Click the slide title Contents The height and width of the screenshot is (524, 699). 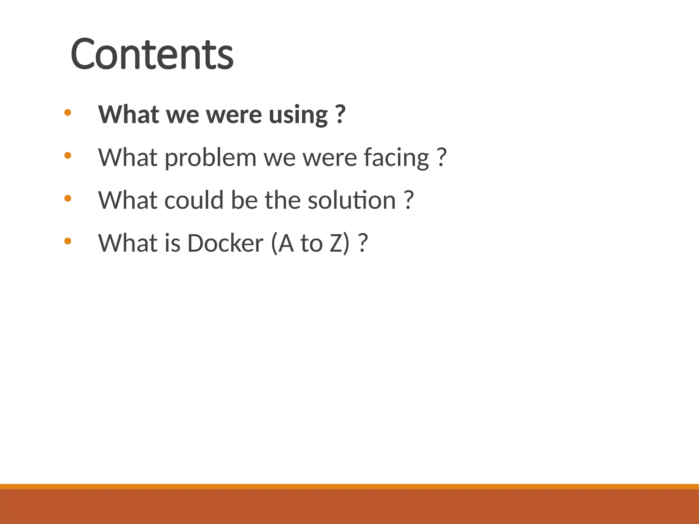click(x=152, y=54)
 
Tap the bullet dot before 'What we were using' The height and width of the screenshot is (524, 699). click(x=68, y=112)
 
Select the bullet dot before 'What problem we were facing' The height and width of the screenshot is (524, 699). click(x=68, y=156)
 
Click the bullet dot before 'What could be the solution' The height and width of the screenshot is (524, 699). click(x=68, y=198)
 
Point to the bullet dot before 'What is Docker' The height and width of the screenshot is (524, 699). click(x=68, y=241)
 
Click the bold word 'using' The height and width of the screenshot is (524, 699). click(x=298, y=115)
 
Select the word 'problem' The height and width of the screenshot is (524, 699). click(x=211, y=158)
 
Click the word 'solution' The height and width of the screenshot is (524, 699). click(x=352, y=200)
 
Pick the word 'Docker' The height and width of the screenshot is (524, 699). click(x=225, y=243)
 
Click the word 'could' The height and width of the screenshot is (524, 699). click(x=194, y=200)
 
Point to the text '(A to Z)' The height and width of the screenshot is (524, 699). click(x=310, y=243)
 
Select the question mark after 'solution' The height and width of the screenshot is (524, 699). click(x=409, y=200)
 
